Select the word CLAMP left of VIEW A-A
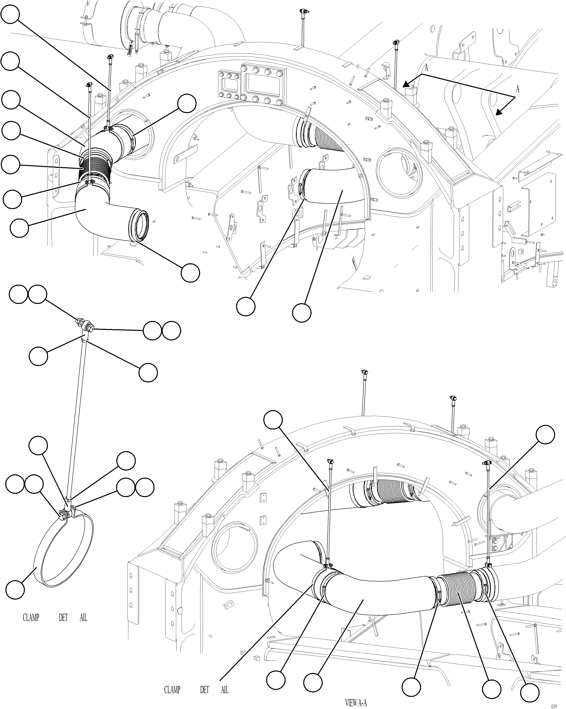pos(172,690)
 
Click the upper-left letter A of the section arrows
pos(426,68)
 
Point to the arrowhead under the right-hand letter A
pos(499,112)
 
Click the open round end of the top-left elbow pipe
pos(140,225)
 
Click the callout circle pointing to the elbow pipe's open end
pos(190,273)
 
